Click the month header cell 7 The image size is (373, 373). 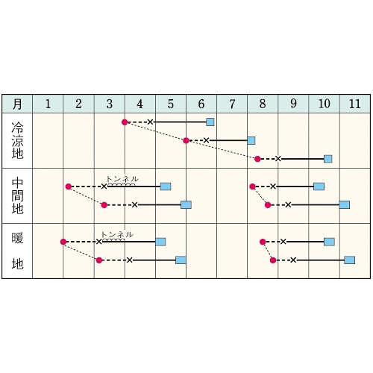click(232, 104)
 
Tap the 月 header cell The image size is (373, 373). click(17, 104)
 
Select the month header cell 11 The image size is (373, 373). click(355, 104)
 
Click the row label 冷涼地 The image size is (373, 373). click(17, 140)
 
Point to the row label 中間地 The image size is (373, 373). click(17, 196)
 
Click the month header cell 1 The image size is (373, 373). click(48, 104)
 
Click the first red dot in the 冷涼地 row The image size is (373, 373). click(125, 122)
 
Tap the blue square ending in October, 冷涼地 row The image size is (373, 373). click(328, 159)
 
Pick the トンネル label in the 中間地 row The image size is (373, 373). click(122, 179)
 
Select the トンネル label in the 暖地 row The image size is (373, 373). click(117, 234)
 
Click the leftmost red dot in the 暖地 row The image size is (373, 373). click(63, 242)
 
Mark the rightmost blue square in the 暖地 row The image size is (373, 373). click(349, 260)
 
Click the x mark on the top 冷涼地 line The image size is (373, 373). click(150, 122)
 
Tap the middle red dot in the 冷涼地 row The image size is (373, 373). click(186, 140)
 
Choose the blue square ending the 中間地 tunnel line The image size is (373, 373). click(166, 186)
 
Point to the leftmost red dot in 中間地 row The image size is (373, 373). click(69, 186)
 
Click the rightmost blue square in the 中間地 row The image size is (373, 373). click(345, 205)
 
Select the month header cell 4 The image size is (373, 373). click(140, 104)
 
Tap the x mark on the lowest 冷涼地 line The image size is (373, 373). click(278, 159)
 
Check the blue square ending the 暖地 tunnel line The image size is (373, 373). click(160, 242)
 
